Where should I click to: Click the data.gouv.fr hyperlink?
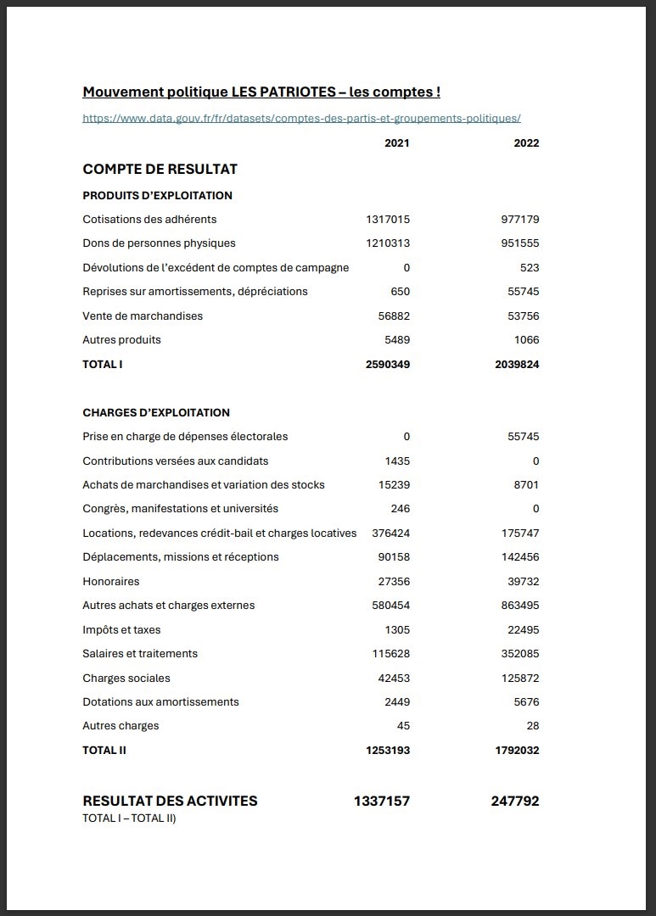tap(301, 119)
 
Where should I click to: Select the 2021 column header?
tap(396, 143)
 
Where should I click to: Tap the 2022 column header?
tap(526, 143)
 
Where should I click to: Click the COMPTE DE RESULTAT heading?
tap(160, 169)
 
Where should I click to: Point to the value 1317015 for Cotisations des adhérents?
tap(388, 220)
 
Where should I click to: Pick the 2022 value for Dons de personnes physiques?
tap(520, 243)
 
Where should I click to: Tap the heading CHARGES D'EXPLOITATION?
tap(156, 413)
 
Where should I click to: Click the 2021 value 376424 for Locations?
tap(390, 533)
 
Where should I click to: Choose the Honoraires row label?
tap(111, 582)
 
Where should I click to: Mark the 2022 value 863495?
tap(520, 606)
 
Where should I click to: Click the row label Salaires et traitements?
tap(140, 654)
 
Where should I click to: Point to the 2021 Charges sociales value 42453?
tap(394, 679)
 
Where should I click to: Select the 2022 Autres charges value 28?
tap(531, 726)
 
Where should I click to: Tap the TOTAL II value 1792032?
tap(517, 751)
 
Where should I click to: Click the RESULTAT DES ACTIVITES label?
tap(170, 801)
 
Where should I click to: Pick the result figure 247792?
tap(514, 801)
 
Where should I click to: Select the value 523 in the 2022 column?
tap(529, 268)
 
